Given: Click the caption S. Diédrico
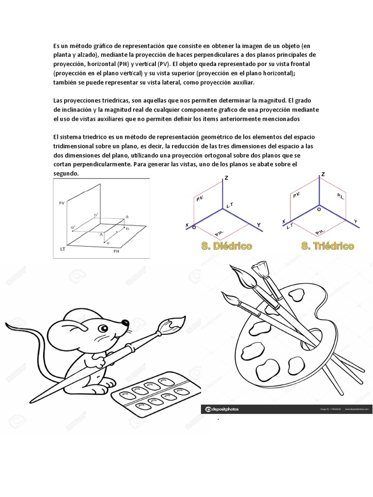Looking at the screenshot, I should point(226,246).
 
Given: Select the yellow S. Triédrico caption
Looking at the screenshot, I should point(327,246).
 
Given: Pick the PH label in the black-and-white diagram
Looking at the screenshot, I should point(117,252).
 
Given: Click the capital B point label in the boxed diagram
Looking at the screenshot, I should point(127,217).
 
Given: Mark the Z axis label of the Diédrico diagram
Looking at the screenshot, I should point(226,179).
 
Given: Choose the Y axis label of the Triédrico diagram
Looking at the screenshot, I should point(356,221).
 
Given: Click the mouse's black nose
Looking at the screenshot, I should point(127,322).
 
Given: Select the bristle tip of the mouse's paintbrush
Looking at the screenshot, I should point(175,322).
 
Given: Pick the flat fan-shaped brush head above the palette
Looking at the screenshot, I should point(260,267).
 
